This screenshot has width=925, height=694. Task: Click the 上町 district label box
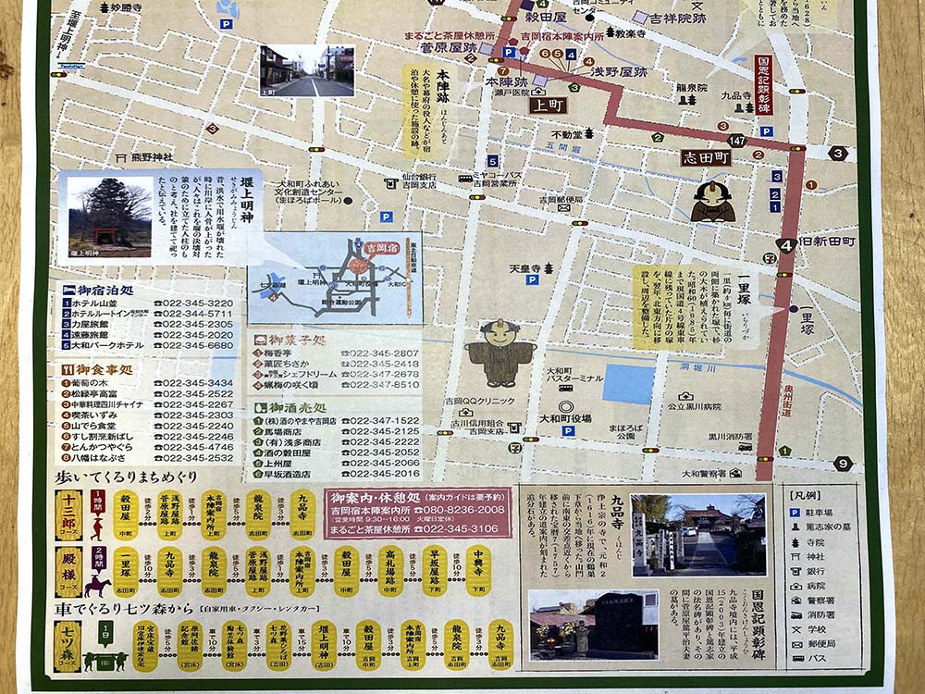coord(548,105)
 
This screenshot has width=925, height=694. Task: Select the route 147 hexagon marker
coord(736,140)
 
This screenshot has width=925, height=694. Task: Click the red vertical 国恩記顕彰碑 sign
coord(763,84)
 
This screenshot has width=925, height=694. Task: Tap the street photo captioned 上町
coord(306,71)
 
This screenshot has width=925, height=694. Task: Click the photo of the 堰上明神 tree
coord(109,217)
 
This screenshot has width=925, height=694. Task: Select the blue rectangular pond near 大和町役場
coord(627,384)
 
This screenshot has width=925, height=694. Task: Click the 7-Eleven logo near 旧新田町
coord(770,258)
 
